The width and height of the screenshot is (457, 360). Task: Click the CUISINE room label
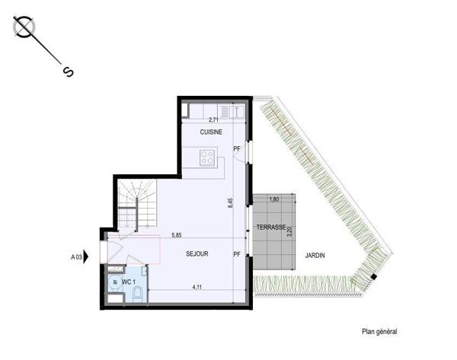coord(211,132)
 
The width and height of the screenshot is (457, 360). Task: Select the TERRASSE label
coord(270,228)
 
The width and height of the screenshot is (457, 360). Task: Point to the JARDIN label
coord(315,256)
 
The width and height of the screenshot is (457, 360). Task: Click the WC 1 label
coord(128,282)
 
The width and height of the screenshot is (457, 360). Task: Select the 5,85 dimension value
coord(176,236)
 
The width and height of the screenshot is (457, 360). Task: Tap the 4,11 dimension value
coord(197,287)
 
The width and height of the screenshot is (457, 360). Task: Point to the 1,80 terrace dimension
coord(275,199)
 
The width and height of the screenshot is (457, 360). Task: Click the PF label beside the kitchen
coord(237,148)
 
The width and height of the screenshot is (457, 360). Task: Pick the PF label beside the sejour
coord(237,254)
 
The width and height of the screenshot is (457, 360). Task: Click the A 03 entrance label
coord(77,257)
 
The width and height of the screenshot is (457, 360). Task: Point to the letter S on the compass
coord(68,72)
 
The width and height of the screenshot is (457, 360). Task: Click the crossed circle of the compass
coord(24,27)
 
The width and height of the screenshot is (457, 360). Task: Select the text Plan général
coord(379,332)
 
